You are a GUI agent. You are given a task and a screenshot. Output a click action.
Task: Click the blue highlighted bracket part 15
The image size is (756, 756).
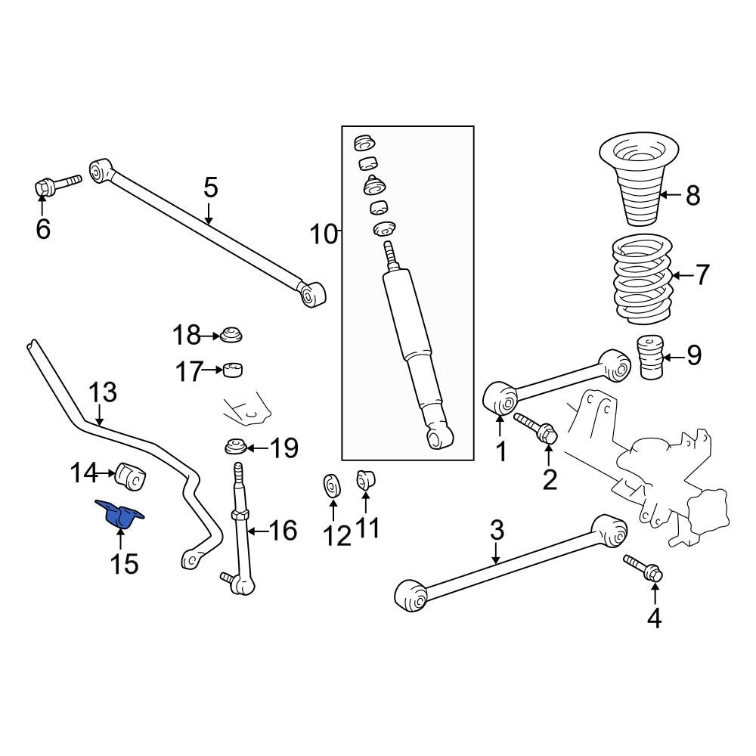tap(119, 515)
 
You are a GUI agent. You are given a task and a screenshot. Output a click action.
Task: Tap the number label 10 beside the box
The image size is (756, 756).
tap(323, 234)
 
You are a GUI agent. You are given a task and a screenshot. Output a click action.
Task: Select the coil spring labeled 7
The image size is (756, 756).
tap(641, 280)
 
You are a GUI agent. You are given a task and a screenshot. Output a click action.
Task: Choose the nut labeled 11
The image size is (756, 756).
tap(367, 479)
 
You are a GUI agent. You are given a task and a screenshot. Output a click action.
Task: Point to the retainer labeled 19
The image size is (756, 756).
tap(237, 447)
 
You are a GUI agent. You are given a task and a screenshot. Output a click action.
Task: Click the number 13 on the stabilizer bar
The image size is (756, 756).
tap(103, 393)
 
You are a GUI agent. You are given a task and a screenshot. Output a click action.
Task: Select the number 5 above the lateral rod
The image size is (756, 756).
tap(209, 187)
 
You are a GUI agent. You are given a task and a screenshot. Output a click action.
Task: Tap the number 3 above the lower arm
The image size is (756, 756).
tap(496, 530)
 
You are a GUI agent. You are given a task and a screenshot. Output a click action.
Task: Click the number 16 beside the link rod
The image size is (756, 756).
tap(283, 531)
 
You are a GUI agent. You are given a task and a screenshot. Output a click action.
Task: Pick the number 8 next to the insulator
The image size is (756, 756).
tap(692, 196)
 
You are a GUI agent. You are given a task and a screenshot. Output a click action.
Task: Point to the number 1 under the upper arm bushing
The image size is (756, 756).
tap(500, 452)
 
